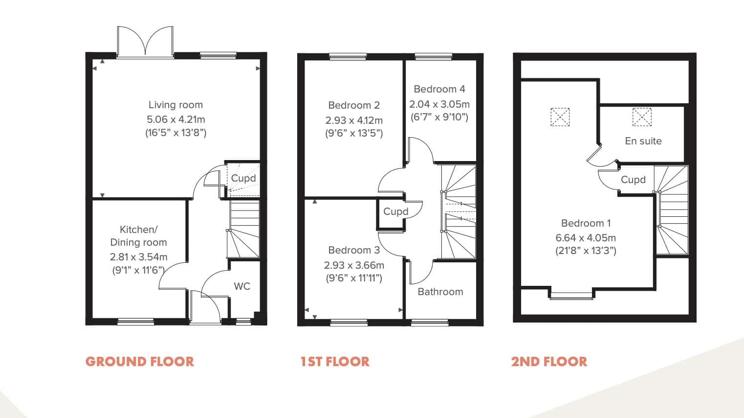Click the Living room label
pyautogui.click(x=175, y=105)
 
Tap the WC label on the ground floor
pyautogui.click(x=242, y=286)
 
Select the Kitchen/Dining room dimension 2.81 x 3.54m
pyautogui.click(x=138, y=257)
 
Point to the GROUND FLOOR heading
pyautogui.click(x=139, y=362)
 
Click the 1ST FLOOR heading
pyautogui.click(x=335, y=362)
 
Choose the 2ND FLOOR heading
pyautogui.click(x=549, y=362)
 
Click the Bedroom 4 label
pyautogui.click(x=439, y=89)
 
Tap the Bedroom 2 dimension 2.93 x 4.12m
pyautogui.click(x=354, y=120)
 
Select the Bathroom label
pyautogui.click(x=440, y=292)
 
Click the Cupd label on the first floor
pyautogui.click(x=395, y=211)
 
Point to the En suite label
pyautogui.click(x=643, y=141)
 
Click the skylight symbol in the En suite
pyautogui.click(x=642, y=117)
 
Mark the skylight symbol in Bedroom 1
pyautogui.click(x=560, y=117)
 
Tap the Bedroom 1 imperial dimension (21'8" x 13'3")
pyautogui.click(x=586, y=251)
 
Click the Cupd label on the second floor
pyautogui.click(x=633, y=180)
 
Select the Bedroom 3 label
pyautogui.click(x=354, y=250)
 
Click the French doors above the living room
pyautogui.click(x=145, y=42)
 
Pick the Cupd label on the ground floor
pyautogui.click(x=243, y=178)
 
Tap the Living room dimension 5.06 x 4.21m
pyautogui.click(x=175, y=119)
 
